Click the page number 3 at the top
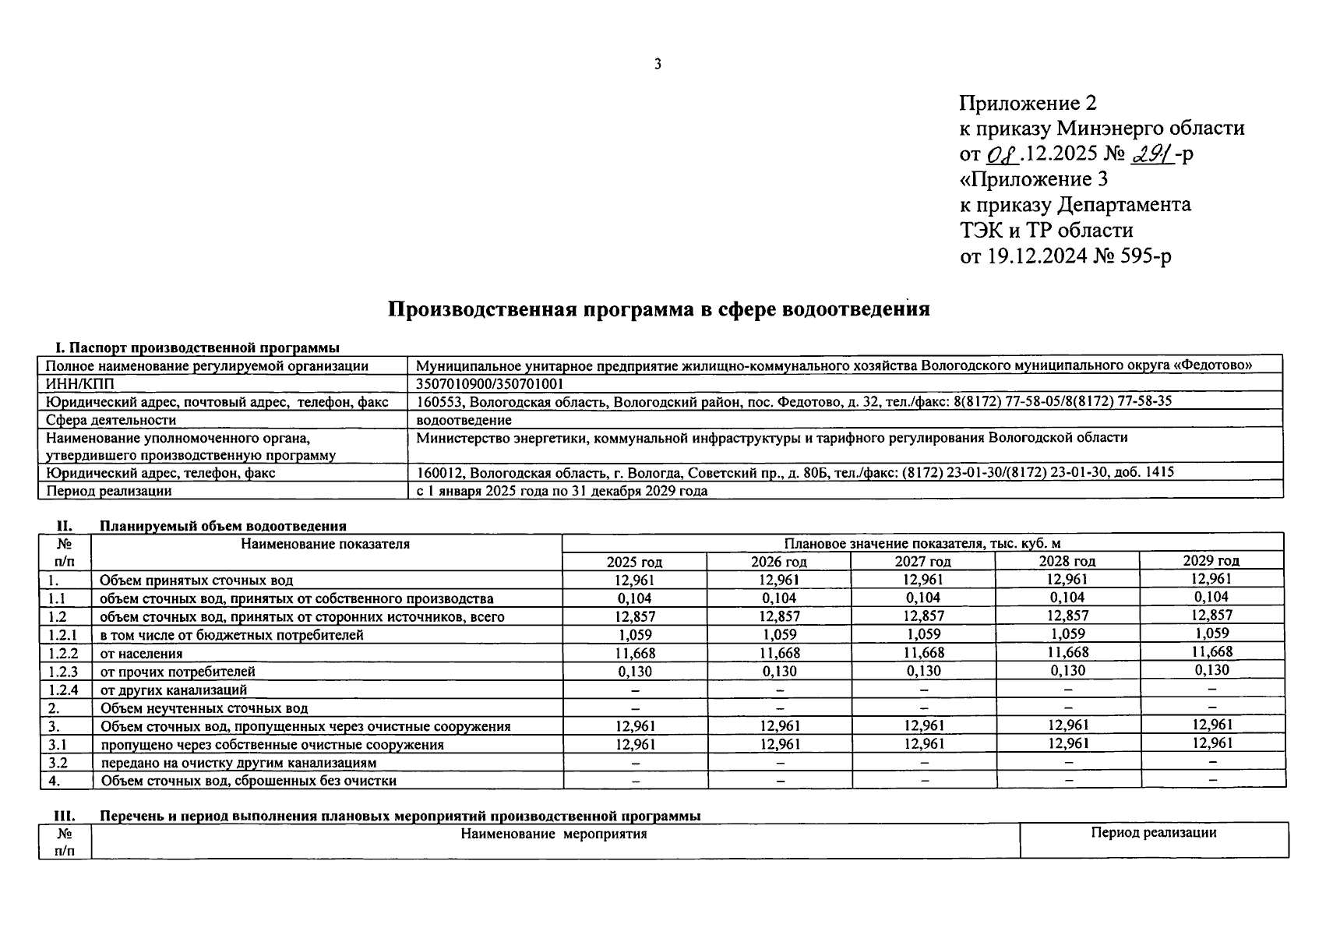point(658,64)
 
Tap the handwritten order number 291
point(1150,153)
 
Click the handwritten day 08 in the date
point(1002,154)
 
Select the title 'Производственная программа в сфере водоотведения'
point(658,309)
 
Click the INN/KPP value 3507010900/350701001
point(489,384)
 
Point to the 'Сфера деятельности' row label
point(111,420)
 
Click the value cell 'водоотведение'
point(464,420)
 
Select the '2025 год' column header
point(634,561)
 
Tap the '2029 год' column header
point(1211,561)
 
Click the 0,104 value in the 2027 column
point(922,598)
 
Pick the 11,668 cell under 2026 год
point(778,653)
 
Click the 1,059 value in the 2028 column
point(1067,634)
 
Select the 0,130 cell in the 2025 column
point(634,671)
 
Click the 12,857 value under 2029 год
point(1211,616)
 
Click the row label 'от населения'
point(141,654)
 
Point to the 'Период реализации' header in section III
point(1153,833)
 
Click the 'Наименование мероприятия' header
point(554,834)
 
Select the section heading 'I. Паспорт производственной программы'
point(196,348)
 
